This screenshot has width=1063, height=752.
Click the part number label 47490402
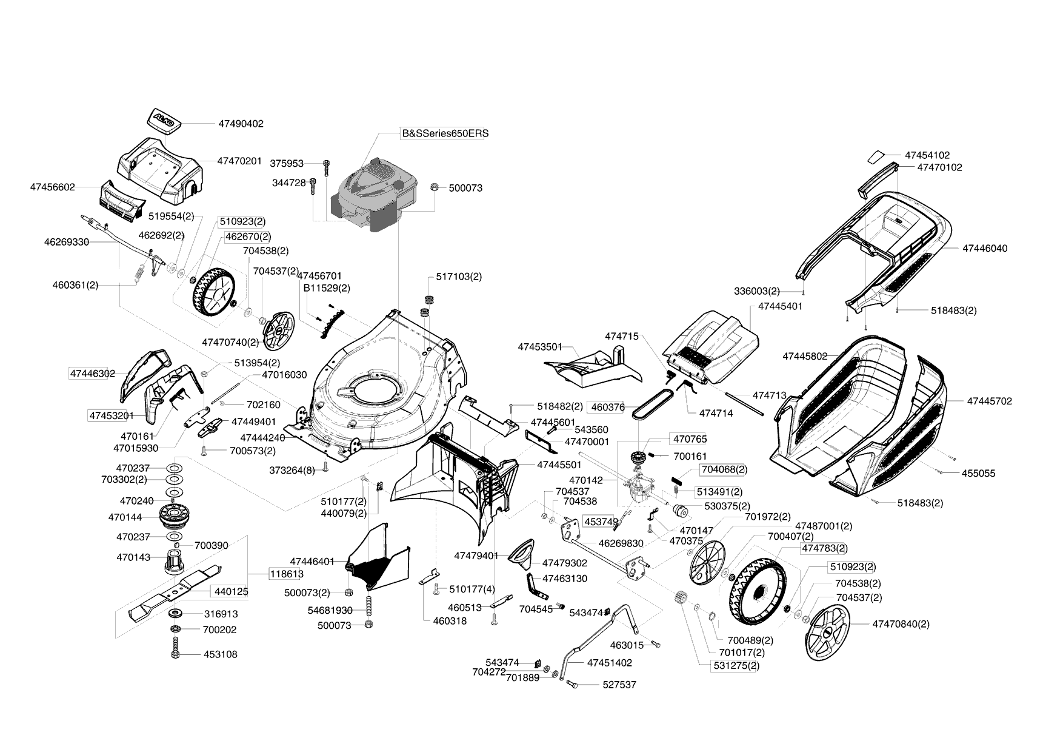click(x=241, y=124)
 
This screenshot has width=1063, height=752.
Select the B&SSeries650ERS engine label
click(x=445, y=133)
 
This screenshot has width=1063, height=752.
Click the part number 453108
click(x=221, y=655)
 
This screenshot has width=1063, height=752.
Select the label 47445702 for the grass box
click(x=989, y=401)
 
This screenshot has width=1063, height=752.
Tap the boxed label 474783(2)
click(x=824, y=548)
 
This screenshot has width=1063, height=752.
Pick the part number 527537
click(x=619, y=685)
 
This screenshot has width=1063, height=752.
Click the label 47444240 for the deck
click(x=262, y=438)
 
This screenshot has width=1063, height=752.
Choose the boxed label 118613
click(x=286, y=574)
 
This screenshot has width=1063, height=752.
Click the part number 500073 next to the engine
click(x=465, y=188)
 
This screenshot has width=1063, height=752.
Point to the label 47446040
click(x=985, y=249)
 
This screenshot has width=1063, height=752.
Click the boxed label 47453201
click(x=111, y=416)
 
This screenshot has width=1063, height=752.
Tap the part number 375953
click(x=287, y=164)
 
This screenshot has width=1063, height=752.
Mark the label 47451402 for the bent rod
click(x=609, y=663)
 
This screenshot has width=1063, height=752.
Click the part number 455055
click(x=978, y=474)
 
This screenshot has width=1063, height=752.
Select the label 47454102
click(x=927, y=155)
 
